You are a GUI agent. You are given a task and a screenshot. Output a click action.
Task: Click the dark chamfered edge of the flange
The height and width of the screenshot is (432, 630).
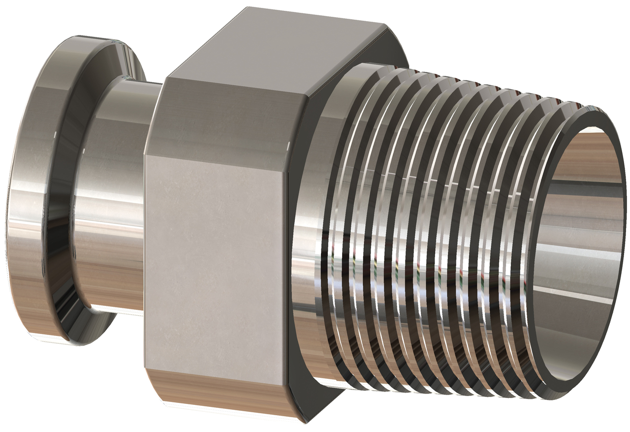(62, 197)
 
